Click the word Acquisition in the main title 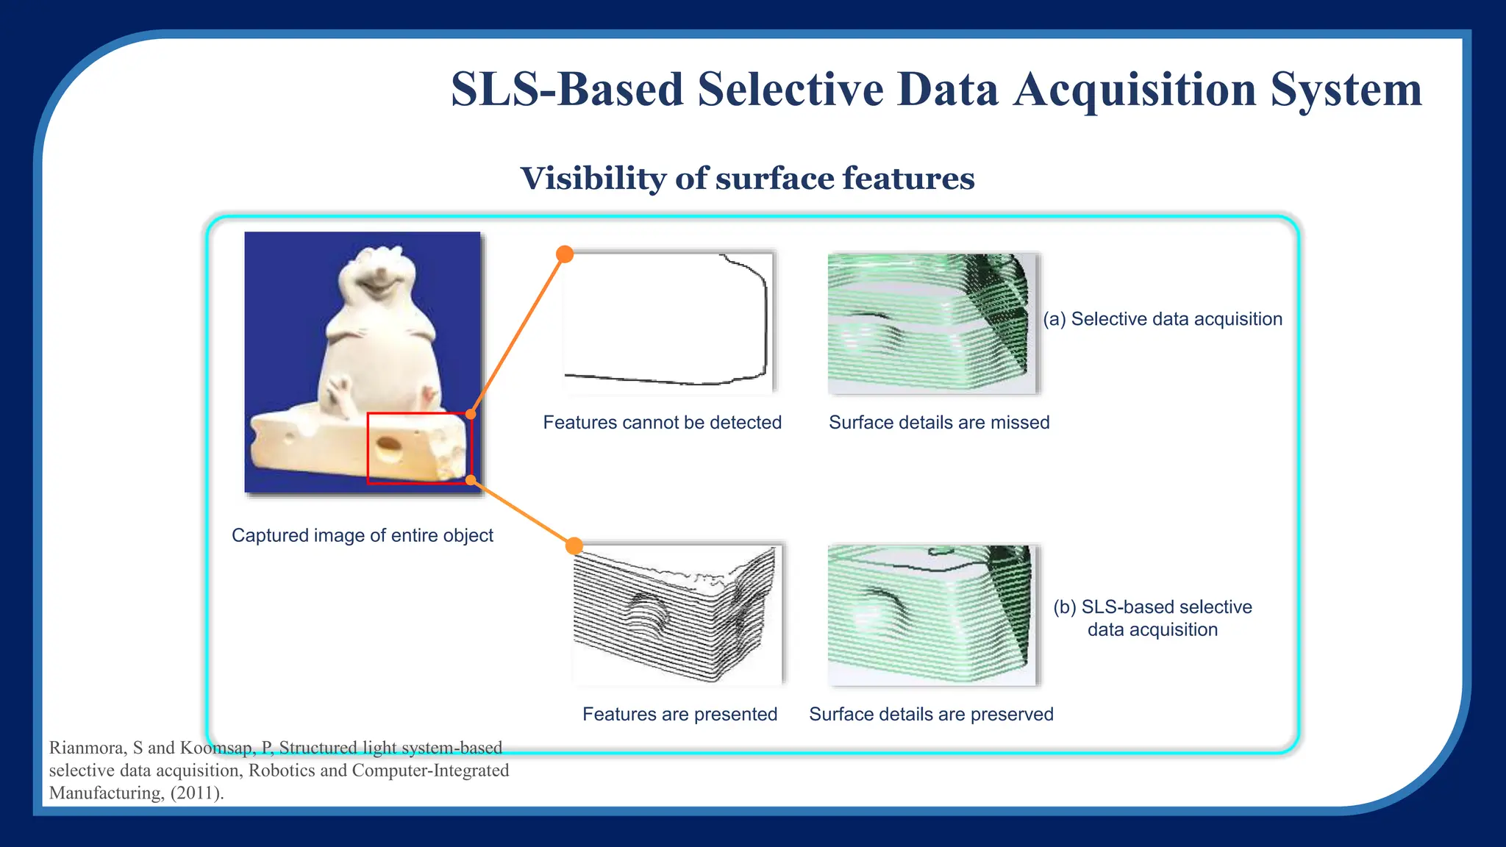pos(1134,90)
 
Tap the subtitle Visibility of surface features pos(747,179)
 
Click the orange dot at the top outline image pos(565,254)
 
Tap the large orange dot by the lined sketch pos(574,546)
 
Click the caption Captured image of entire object pos(362,535)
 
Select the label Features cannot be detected pos(662,423)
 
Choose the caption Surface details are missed pos(939,423)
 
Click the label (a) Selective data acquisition pos(1163,319)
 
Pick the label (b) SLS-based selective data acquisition pos(1152,618)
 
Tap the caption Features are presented pos(679,714)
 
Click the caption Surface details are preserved pos(931,714)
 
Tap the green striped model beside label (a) pos(932,324)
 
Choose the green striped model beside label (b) pos(932,615)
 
